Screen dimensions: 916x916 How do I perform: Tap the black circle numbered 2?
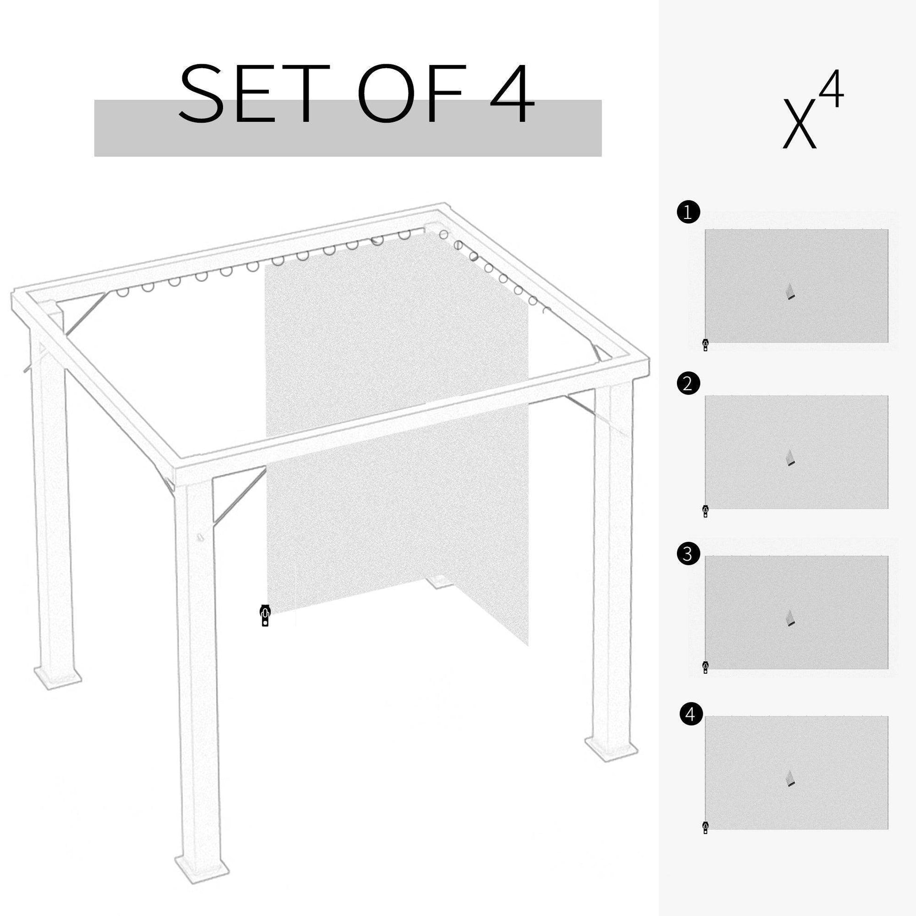pos(688,384)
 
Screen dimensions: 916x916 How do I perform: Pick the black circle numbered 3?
pos(688,554)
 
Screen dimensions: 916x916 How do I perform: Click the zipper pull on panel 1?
pos(706,345)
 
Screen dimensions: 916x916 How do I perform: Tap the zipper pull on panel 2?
pos(706,511)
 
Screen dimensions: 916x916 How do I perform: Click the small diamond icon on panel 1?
pos(789,291)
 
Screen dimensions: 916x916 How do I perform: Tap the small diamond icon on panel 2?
pos(789,458)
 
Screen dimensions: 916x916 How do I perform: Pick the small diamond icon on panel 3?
pos(789,618)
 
